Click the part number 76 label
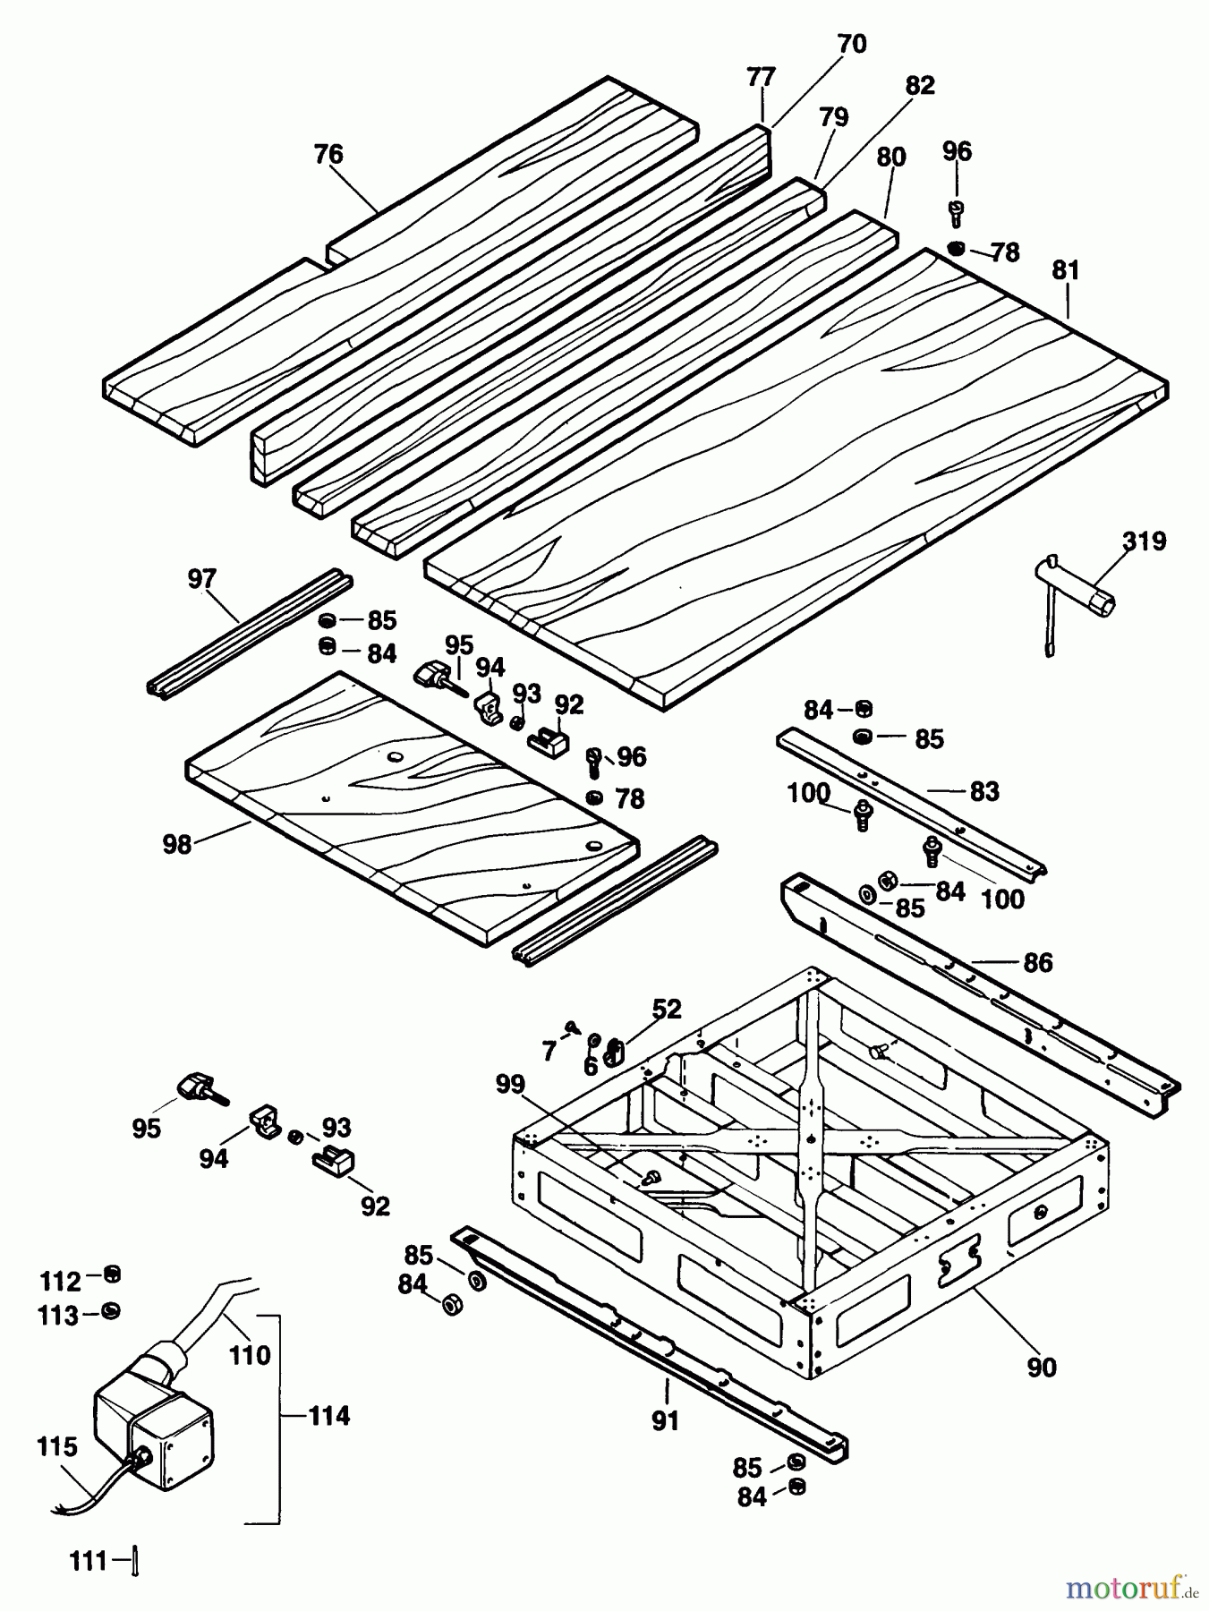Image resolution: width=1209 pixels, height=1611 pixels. tap(328, 154)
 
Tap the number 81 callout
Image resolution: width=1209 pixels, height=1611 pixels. tap(1066, 270)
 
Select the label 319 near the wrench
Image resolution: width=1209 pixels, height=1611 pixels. tap(1145, 541)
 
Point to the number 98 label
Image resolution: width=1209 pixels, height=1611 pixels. tap(177, 844)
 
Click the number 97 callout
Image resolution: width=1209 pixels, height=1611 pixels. tap(202, 579)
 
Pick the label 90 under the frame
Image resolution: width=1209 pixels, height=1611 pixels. tap(1042, 1368)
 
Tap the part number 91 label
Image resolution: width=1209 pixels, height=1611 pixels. tap(665, 1420)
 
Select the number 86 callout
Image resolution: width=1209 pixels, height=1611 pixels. tap(1037, 963)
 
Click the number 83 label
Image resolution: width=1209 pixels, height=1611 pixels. tap(983, 791)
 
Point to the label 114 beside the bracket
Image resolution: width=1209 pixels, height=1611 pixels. tap(328, 1416)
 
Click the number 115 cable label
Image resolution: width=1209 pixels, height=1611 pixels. tap(57, 1447)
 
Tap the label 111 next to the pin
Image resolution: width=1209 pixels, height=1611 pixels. tap(89, 1562)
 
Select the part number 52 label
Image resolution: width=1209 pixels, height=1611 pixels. tap(667, 1010)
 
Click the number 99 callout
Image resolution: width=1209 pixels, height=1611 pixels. tap(510, 1084)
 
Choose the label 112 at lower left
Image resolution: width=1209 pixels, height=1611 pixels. tap(60, 1282)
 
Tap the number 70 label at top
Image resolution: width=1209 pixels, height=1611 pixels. tap(852, 44)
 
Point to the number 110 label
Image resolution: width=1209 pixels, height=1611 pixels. tap(249, 1355)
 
